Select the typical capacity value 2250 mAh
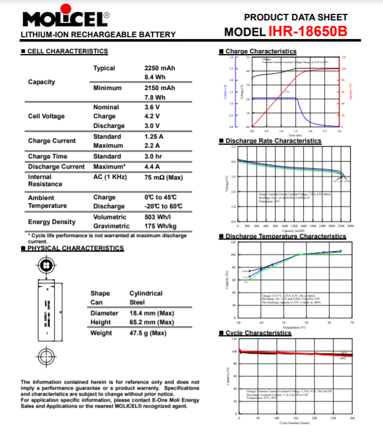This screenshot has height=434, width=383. [x=160, y=68]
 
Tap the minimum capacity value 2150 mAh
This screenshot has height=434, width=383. [x=160, y=88]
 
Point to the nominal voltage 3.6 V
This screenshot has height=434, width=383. [x=152, y=107]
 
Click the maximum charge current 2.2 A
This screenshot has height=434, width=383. [x=154, y=145]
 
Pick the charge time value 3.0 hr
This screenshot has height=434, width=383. [x=154, y=156]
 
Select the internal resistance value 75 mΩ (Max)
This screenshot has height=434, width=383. [x=163, y=177]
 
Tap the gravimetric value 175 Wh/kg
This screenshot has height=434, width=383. [x=160, y=226]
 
